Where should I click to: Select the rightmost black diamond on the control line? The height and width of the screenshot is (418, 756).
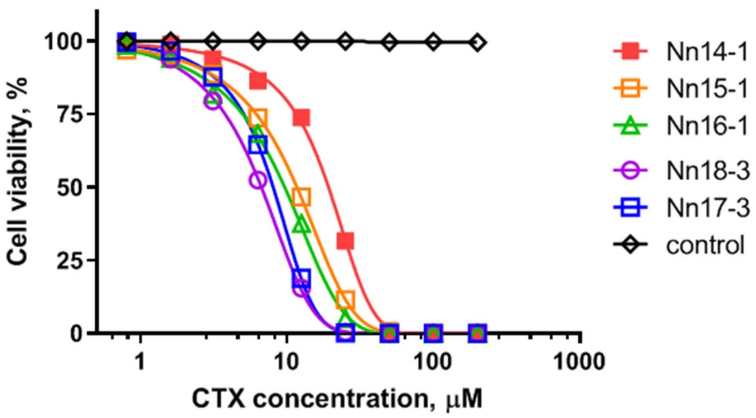coord(477,43)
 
